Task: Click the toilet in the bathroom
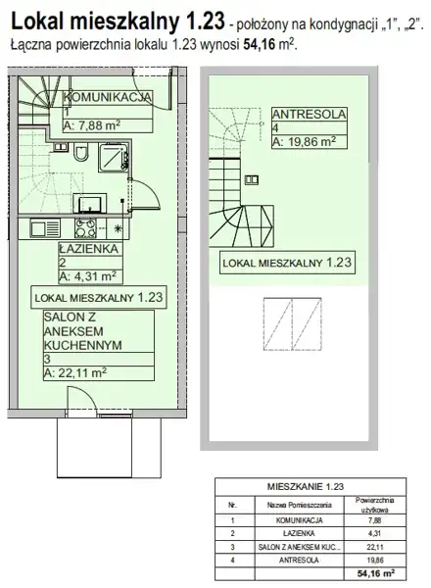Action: [81, 152]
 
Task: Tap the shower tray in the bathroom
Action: [114, 158]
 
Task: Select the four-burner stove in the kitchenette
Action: [85, 228]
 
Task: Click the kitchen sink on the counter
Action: [45, 228]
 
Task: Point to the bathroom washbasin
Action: [89, 204]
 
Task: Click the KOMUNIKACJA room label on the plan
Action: [107, 97]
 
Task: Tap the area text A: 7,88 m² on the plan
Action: [92, 125]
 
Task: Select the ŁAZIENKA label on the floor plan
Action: [88, 249]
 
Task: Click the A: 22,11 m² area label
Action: [75, 373]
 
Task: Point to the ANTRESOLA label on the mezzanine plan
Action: [310, 114]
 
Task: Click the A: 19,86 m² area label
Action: [304, 142]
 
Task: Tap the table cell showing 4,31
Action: [374, 533]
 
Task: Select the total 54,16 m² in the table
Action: [376, 573]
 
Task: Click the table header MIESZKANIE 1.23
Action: [305, 487]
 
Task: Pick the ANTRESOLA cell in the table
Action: [299, 561]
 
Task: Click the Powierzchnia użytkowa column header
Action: [374, 505]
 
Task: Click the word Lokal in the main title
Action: [38, 21]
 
